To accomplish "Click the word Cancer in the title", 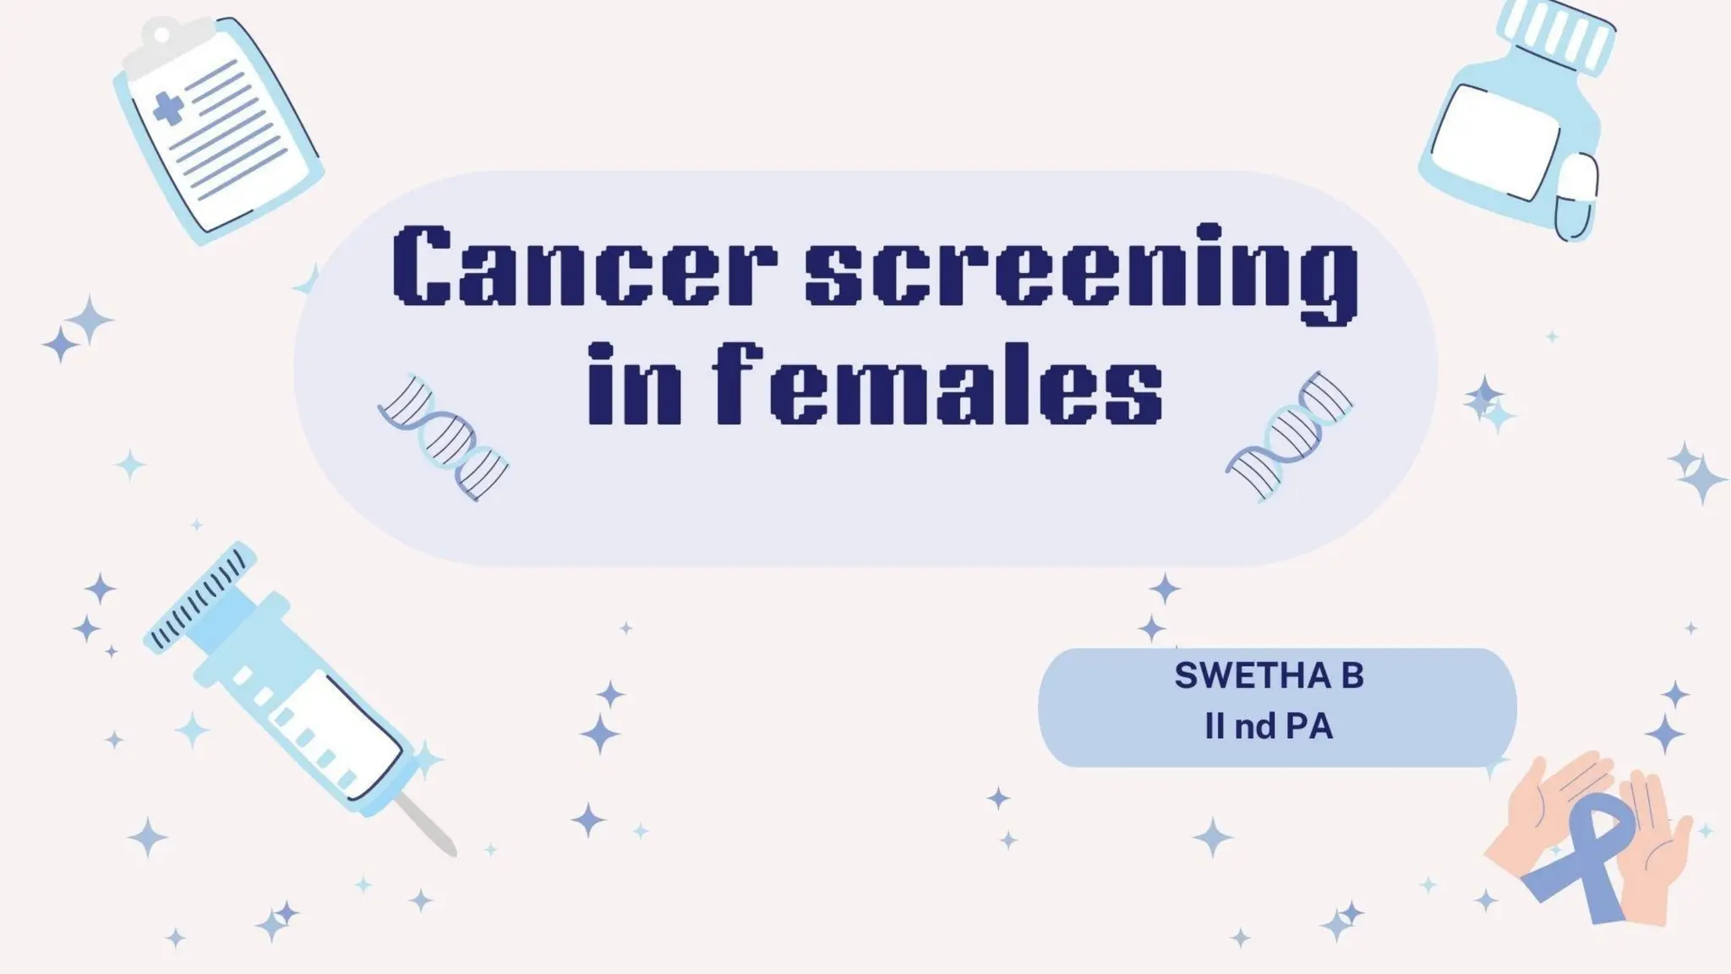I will tap(583, 265).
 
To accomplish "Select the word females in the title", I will tap(938, 385).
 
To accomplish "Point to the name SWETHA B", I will tap(1269, 676).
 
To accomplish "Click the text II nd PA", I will tap(1269, 726).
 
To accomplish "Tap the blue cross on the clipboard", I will tap(168, 109).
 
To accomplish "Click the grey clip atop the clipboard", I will tap(161, 38).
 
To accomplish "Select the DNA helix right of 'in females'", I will tap(1288, 435).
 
